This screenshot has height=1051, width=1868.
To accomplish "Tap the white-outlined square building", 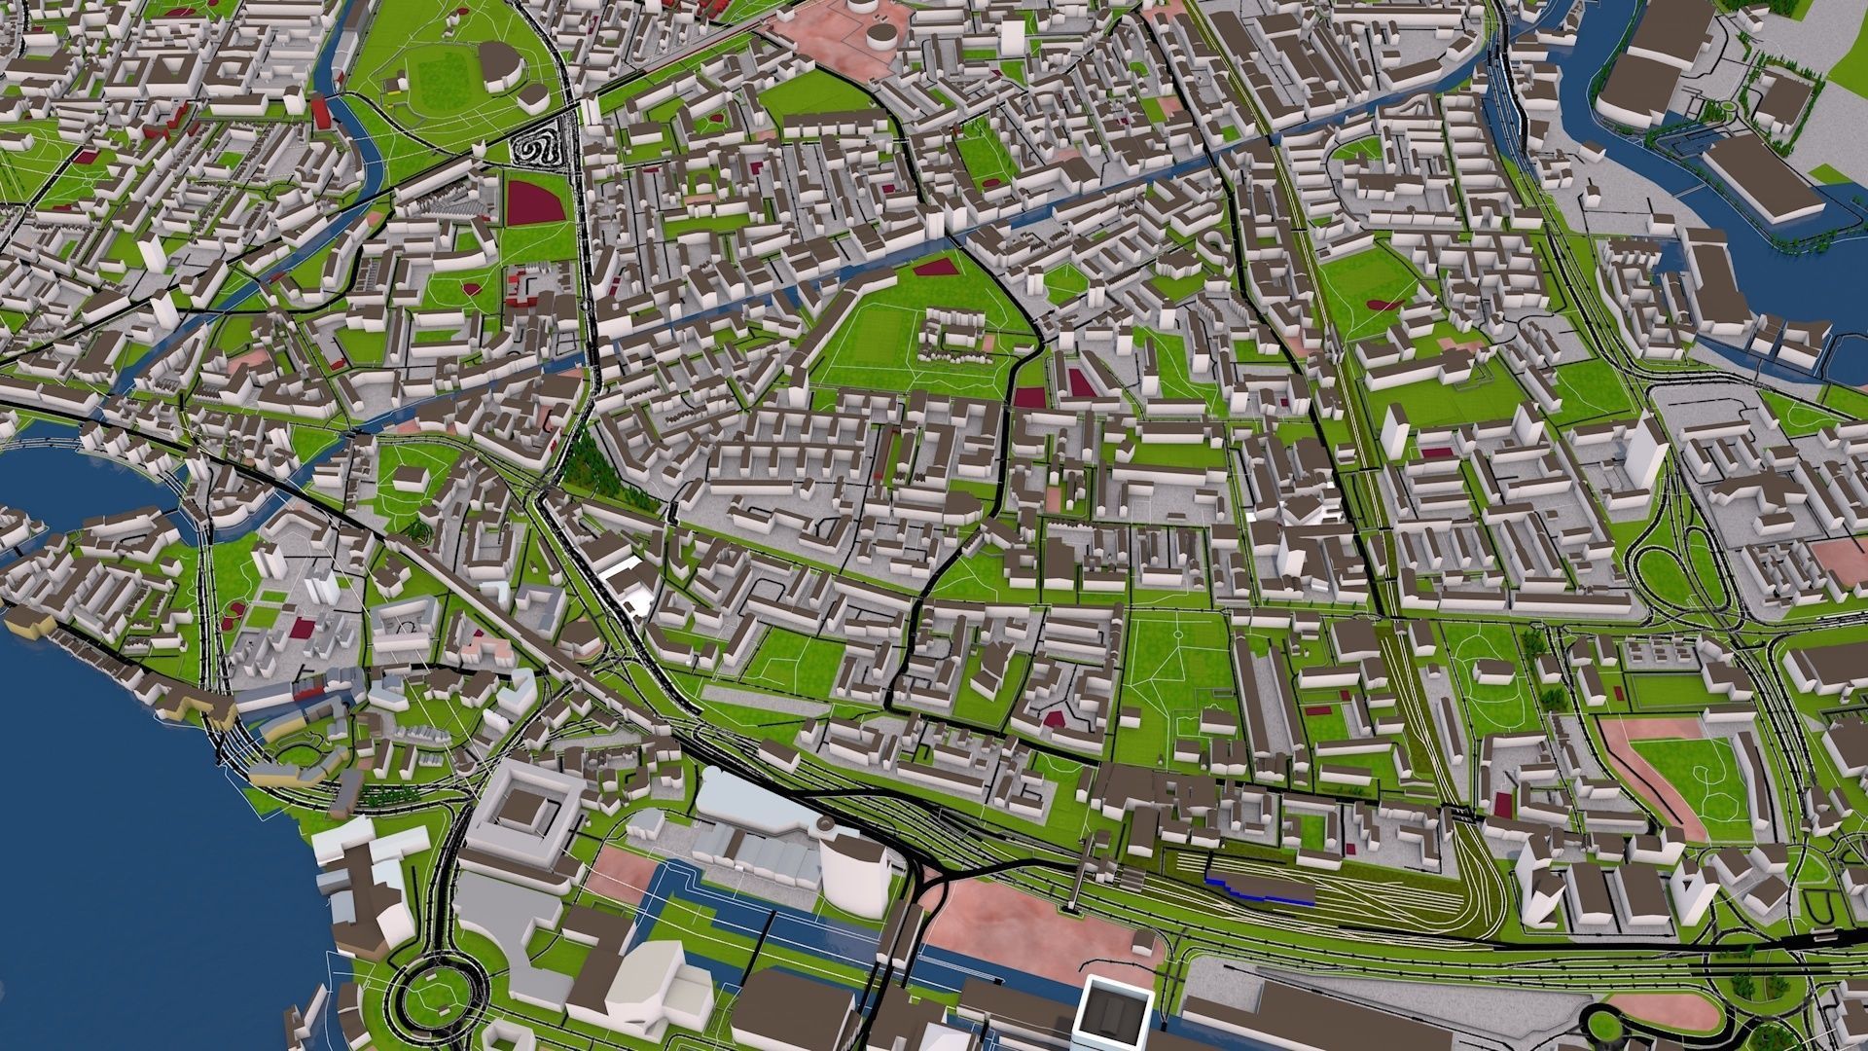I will point(1115,1017).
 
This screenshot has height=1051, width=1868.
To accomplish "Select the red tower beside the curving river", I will point(322,113).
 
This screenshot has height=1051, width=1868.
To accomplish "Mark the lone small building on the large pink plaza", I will point(1144,943).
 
